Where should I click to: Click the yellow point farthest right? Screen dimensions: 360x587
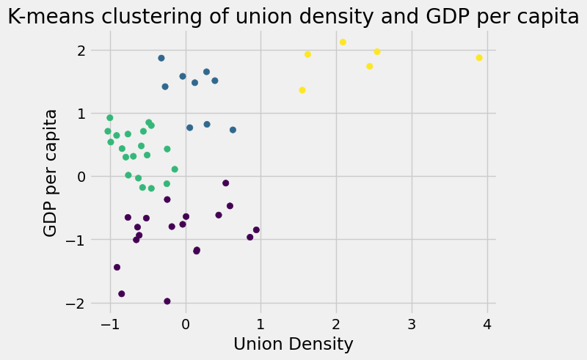[479, 57]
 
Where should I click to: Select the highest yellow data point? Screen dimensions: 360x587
[343, 42]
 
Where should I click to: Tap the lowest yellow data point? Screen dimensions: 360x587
[302, 90]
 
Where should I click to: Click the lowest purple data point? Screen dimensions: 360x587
[167, 301]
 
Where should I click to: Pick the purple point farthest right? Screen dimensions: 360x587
[256, 229]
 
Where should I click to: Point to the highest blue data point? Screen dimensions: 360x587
[161, 58]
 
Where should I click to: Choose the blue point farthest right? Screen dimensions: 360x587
[233, 130]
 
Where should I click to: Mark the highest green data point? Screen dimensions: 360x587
[110, 117]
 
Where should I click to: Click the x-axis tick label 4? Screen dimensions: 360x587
[487, 323]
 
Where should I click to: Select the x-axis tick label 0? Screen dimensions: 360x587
[186, 323]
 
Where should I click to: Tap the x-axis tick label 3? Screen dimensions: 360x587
[412, 323]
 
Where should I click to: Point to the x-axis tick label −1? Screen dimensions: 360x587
[106, 323]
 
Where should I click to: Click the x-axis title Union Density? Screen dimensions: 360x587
[293, 344]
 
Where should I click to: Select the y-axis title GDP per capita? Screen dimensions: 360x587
[50, 172]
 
